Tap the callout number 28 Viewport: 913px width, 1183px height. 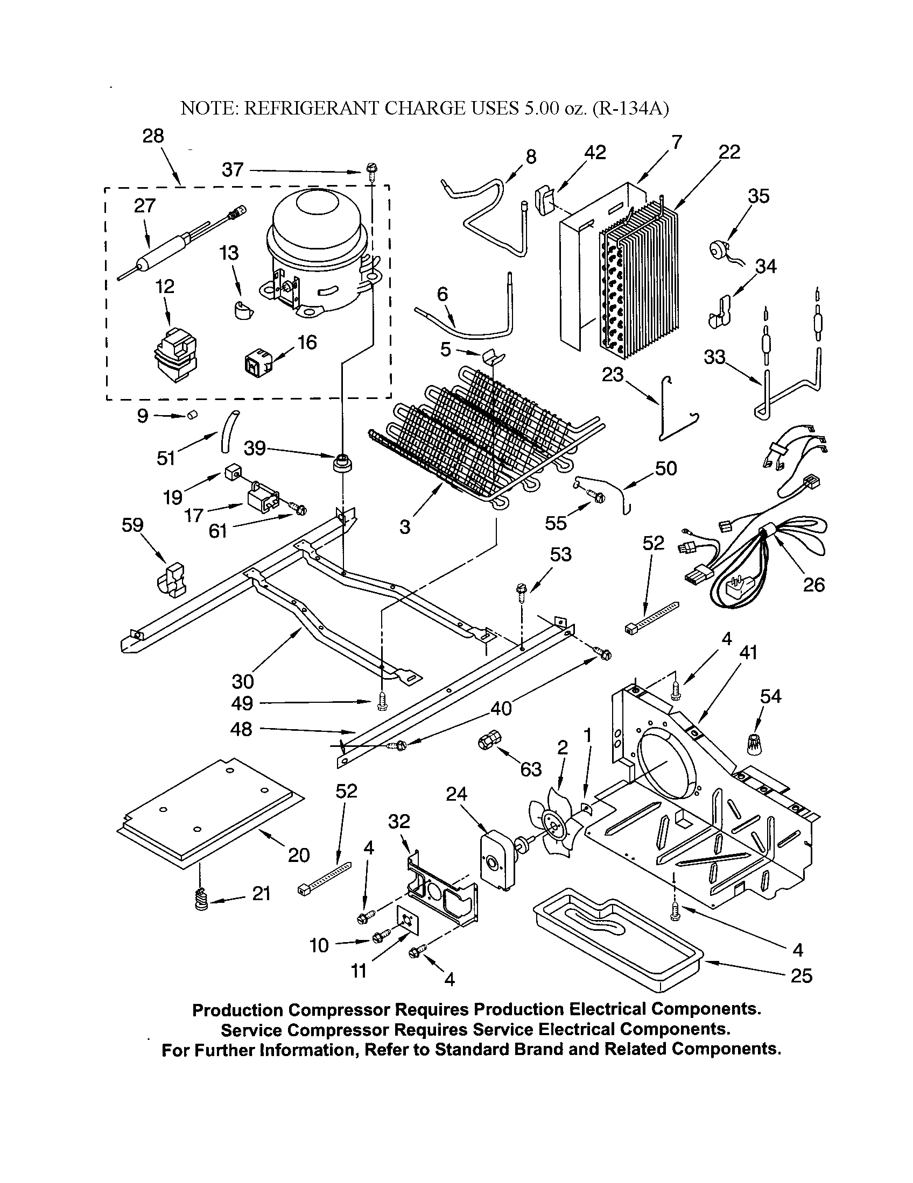click(153, 136)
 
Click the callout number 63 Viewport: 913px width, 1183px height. click(531, 769)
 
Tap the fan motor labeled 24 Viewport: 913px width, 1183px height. click(496, 861)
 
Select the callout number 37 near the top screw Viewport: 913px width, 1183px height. click(233, 170)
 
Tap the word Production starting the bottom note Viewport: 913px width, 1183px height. click(237, 1010)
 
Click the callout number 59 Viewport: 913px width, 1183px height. click(132, 525)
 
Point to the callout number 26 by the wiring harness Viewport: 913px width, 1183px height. click(813, 585)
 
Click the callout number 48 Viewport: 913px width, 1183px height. click(241, 729)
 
